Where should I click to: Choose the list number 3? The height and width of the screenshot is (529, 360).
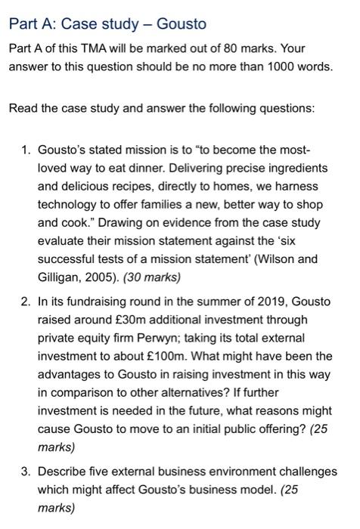point(24,472)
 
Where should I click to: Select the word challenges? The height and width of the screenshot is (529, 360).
point(308,472)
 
